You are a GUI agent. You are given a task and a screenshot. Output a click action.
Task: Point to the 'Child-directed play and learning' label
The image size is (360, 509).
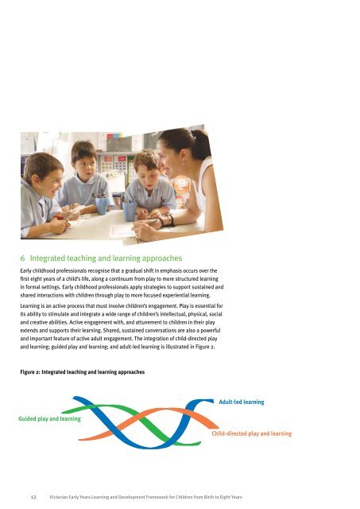[x=252, y=434]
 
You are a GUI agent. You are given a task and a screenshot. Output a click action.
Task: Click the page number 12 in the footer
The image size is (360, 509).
[x=30, y=495]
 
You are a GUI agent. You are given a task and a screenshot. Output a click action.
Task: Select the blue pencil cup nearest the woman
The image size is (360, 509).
[x=130, y=210]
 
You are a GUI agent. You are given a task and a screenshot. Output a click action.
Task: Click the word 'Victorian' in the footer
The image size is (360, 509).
[x=64, y=495]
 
